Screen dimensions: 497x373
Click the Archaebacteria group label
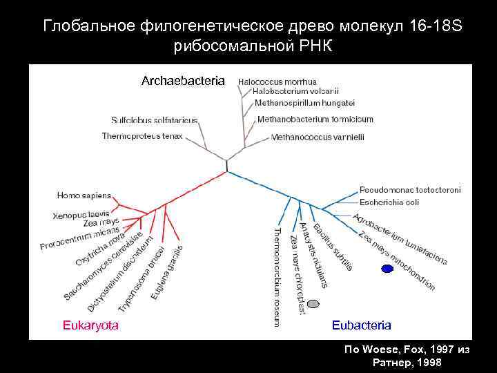(x=183, y=81)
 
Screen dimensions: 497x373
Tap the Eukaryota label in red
(x=90, y=325)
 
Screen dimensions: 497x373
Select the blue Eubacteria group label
(x=361, y=325)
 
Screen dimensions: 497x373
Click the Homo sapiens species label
(x=84, y=195)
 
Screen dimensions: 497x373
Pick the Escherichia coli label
(x=389, y=202)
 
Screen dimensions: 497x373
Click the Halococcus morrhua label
(x=277, y=81)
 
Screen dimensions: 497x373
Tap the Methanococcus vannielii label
(x=317, y=137)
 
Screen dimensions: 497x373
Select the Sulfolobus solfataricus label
(x=153, y=119)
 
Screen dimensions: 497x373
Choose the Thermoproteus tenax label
(x=142, y=136)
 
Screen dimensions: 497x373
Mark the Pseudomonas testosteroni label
(x=410, y=190)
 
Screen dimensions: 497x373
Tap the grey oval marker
(x=313, y=303)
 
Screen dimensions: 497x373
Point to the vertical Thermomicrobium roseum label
(x=277, y=276)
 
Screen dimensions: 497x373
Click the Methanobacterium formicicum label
(x=315, y=119)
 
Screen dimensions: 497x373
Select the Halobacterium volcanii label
(x=295, y=90)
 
